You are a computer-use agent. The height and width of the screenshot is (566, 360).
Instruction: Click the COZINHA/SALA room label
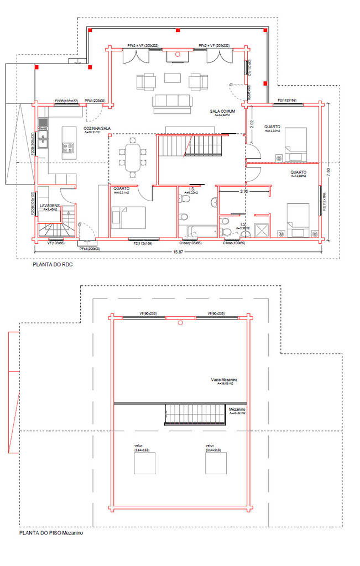(x=97, y=128)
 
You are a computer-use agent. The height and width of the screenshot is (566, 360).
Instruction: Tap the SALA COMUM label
(x=222, y=111)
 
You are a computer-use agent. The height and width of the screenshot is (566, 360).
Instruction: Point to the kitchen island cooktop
(x=69, y=148)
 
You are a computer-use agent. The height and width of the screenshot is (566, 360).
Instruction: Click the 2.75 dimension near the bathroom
(x=243, y=191)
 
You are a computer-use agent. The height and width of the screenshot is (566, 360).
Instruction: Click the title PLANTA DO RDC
(x=54, y=265)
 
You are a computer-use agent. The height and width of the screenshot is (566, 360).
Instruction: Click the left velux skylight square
(x=145, y=463)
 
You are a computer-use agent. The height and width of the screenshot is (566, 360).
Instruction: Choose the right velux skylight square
(x=216, y=463)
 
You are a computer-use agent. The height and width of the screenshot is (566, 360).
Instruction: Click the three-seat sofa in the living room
(x=172, y=102)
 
